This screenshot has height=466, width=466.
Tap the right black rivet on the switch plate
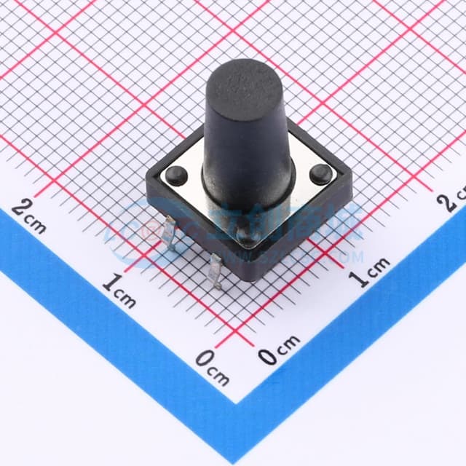tap(319, 173)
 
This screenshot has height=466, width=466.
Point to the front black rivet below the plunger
tap(246, 235)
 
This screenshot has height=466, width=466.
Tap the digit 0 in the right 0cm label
tap(269, 356)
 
